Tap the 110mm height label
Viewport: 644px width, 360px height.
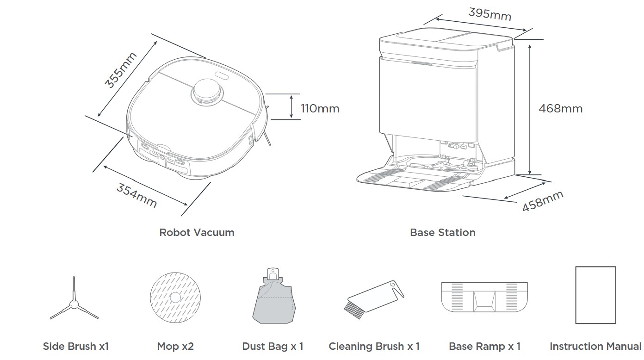coord(320,109)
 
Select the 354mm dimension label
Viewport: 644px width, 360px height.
coord(136,195)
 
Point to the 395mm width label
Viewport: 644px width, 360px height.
coord(489,14)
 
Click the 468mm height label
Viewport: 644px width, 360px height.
coord(560,109)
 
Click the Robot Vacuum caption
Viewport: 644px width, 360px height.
coord(197,232)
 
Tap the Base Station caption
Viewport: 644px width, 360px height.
coord(443,232)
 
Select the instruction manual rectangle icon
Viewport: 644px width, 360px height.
coord(595,295)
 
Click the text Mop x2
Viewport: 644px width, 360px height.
coord(175,346)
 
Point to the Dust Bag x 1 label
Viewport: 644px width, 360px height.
coord(273,346)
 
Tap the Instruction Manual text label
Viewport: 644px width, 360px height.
coord(595,346)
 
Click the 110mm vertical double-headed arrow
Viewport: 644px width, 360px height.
coord(291,106)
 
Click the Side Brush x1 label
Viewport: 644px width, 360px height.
coord(76,346)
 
